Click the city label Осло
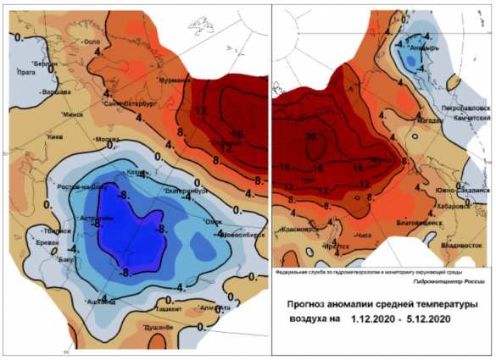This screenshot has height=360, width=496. [x=94, y=42]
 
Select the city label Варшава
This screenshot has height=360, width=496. [x=56, y=91]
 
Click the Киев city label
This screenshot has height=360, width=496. [x=55, y=136]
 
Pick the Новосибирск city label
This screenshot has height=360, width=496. [x=246, y=235]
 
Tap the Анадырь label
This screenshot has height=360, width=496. [x=423, y=48]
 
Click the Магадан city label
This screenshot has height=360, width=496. [x=428, y=119]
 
